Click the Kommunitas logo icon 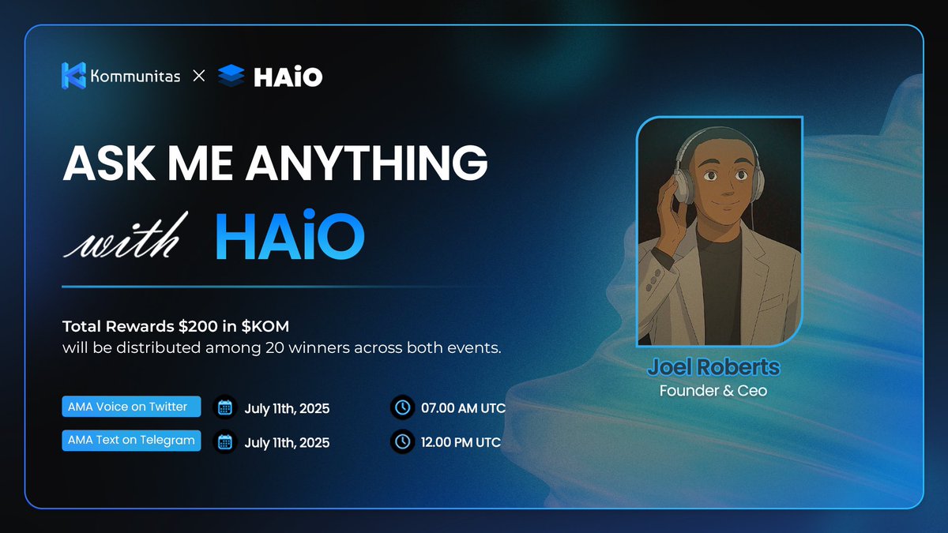(73, 76)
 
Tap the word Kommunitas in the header (134, 77)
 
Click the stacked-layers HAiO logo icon (231, 76)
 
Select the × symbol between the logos (199, 77)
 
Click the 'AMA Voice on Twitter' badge (131, 407)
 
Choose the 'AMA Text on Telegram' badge (131, 441)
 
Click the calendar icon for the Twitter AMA (225, 408)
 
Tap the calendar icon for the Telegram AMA (225, 442)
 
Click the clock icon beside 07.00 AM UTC (402, 408)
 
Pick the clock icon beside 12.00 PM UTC (402, 442)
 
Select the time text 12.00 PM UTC (461, 442)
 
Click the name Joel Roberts (713, 367)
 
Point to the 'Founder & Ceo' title (713, 390)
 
